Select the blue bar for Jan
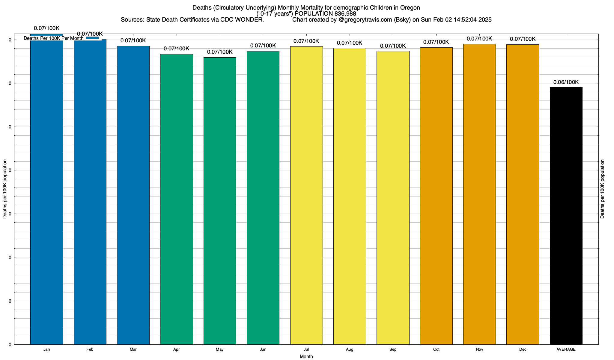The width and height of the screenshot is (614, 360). coord(46,192)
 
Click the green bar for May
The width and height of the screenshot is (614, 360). coord(220,201)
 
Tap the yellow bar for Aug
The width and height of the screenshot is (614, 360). coord(350,196)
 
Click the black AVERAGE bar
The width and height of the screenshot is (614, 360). coord(566,216)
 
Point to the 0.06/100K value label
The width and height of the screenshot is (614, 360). coord(566,82)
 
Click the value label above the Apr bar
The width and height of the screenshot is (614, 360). coord(177,49)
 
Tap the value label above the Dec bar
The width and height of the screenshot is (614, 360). coord(523,39)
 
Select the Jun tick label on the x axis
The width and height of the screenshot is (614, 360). coord(263,349)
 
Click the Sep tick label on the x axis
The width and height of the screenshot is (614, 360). coord(393,349)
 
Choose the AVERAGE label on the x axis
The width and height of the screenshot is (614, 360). coord(566,349)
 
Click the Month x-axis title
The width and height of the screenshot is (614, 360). coord(306,357)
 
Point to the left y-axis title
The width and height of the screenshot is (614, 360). coord(5,189)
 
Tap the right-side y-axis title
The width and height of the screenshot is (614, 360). coord(602,189)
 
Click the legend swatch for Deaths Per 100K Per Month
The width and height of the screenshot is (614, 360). coord(92,38)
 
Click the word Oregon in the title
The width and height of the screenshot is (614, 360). coord(410,7)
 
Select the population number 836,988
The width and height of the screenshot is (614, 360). coord(345,14)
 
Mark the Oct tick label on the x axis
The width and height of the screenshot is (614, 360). coord(436,349)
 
